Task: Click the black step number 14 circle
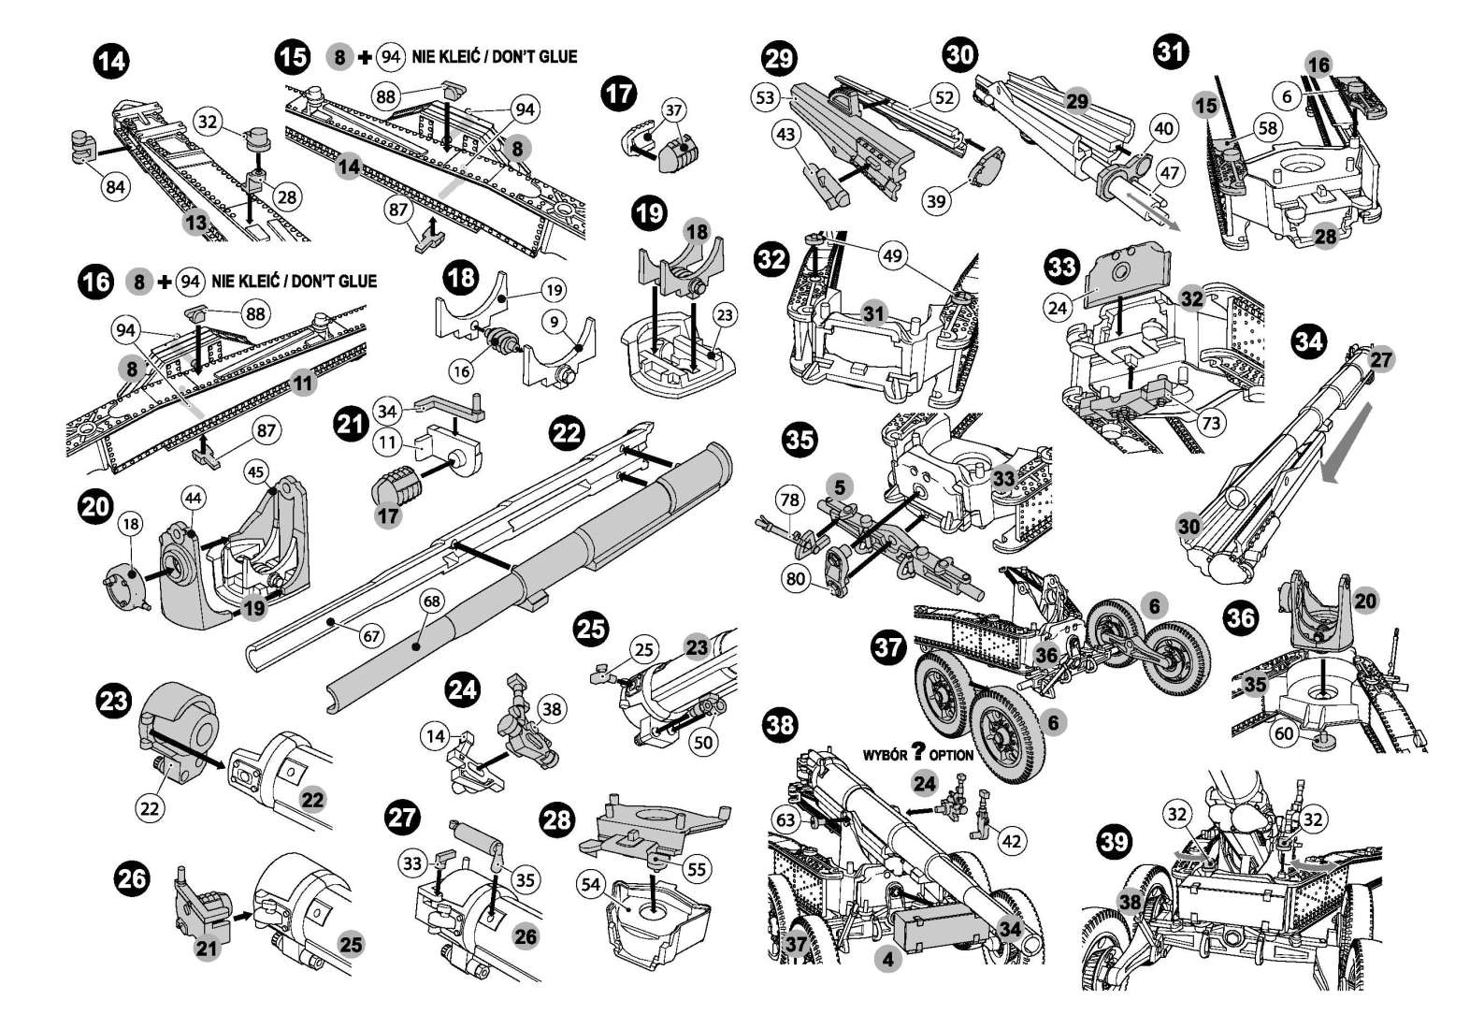[111, 63]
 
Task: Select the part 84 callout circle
[115, 187]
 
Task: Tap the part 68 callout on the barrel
[431, 601]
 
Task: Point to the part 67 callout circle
[371, 636]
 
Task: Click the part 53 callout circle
[766, 96]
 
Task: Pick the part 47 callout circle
[1170, 172]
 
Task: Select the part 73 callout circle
[1211, 424]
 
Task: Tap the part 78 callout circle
[790, 500]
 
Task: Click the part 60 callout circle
[1285, 733]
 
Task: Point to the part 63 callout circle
[785, 820]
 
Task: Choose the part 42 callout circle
[1012, 840]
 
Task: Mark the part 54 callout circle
[591, 885]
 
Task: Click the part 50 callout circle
[702, 742]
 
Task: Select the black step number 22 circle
[566, 432]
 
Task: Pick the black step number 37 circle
[888, 646]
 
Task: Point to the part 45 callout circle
[256, 472]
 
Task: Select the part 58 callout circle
[1267, 127]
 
